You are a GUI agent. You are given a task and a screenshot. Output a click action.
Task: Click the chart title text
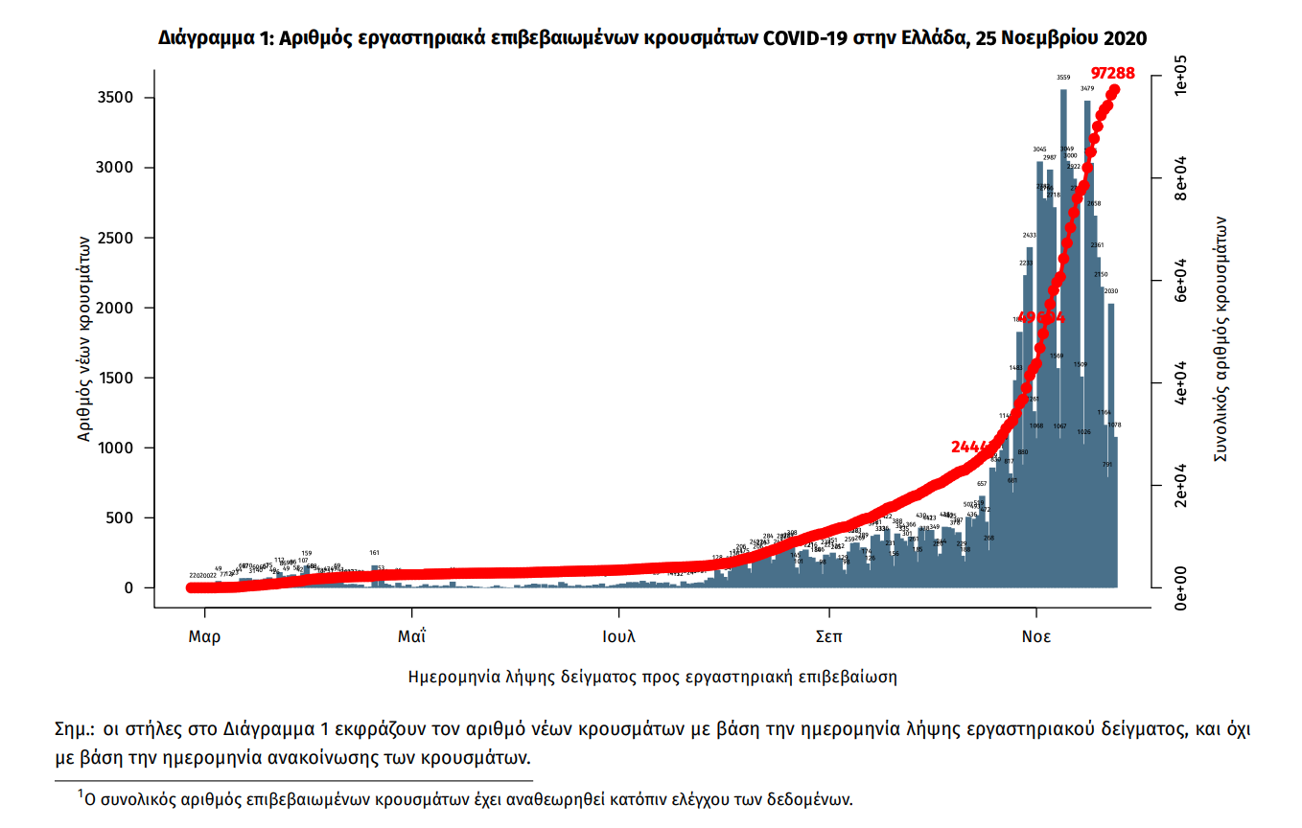(x=652, y=37)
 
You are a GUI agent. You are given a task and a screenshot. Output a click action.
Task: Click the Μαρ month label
(x=203, y=636)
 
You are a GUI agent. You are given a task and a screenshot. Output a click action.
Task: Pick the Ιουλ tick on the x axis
(x=619, y=636)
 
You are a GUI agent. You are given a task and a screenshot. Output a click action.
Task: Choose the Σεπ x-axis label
(x=828, y=636)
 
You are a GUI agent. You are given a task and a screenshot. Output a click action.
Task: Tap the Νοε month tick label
(x=1035, y=636)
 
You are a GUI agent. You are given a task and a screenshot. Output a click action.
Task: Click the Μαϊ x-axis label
(x=412, y=636)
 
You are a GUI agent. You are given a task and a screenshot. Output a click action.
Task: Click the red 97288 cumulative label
(x=1113, y=73)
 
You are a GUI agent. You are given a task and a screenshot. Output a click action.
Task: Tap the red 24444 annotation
(x=973, y=448)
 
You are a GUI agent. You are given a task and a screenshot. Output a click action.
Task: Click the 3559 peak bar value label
(x=1063, y=78)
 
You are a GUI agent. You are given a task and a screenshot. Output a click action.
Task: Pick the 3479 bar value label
(x=1087, y=88)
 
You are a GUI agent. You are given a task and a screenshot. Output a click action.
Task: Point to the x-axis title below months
(x=652, y=677)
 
